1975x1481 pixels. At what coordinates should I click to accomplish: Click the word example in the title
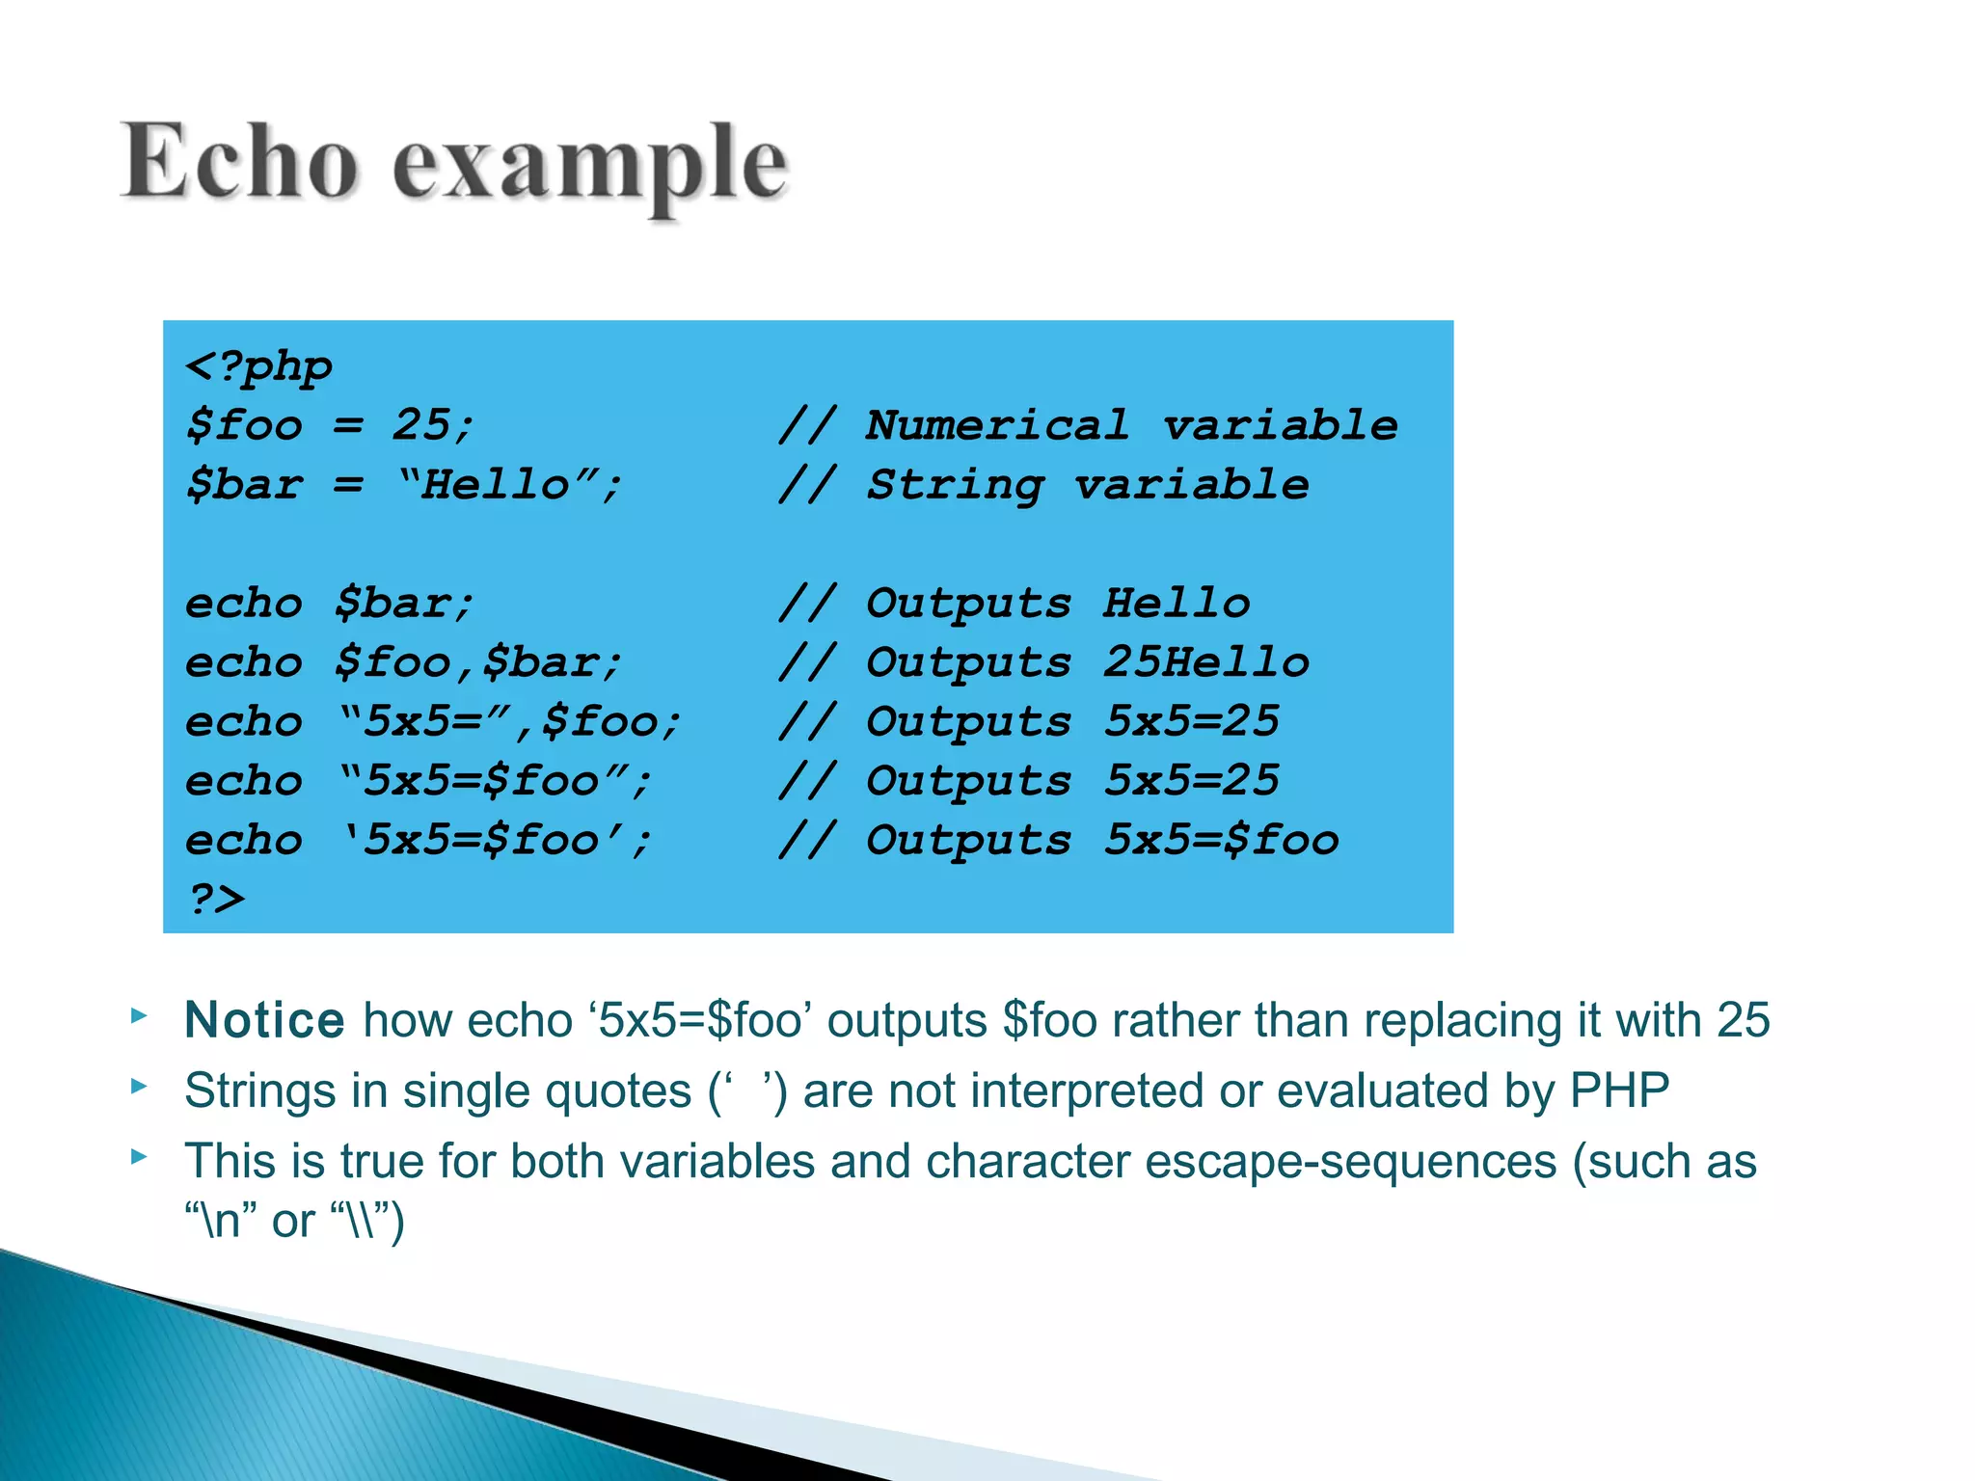590,166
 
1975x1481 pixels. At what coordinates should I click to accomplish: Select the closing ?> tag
216,899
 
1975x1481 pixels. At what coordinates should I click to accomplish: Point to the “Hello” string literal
497,484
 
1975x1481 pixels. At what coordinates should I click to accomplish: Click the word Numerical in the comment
997,425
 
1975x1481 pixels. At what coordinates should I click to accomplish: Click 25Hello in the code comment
1206,662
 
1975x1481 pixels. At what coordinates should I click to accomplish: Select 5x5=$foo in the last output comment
1221,840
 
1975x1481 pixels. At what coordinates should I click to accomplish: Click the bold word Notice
264,1020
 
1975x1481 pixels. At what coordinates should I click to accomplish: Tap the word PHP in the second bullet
1619,1091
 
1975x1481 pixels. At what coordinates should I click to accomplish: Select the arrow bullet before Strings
139,1087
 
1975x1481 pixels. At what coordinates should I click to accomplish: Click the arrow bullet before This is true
139,1156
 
